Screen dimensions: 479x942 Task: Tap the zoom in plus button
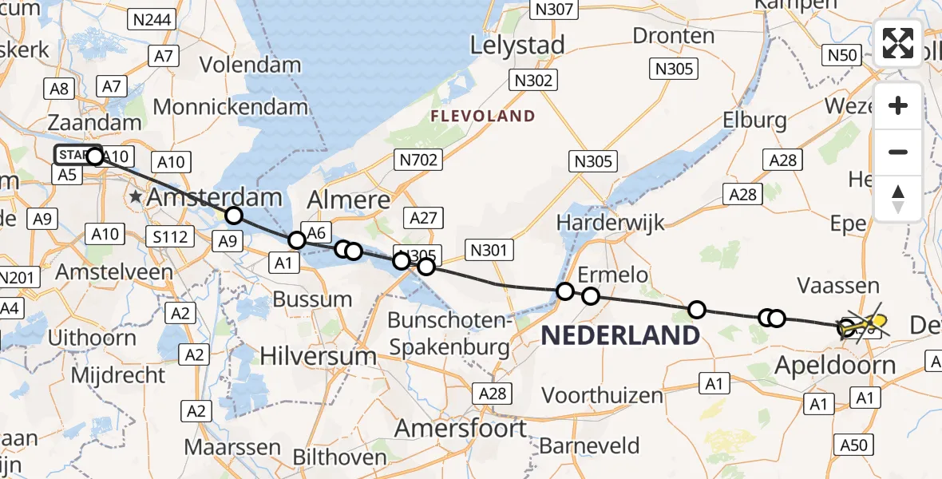[898, 105]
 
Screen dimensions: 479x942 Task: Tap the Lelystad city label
[517, 45]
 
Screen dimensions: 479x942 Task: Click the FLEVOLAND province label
[483, 117]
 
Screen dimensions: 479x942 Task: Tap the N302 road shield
[533, 81]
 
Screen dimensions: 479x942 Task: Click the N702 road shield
[419, 160]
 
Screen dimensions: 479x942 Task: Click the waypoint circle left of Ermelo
[565, 291]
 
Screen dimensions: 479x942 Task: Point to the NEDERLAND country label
[620, 335]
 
